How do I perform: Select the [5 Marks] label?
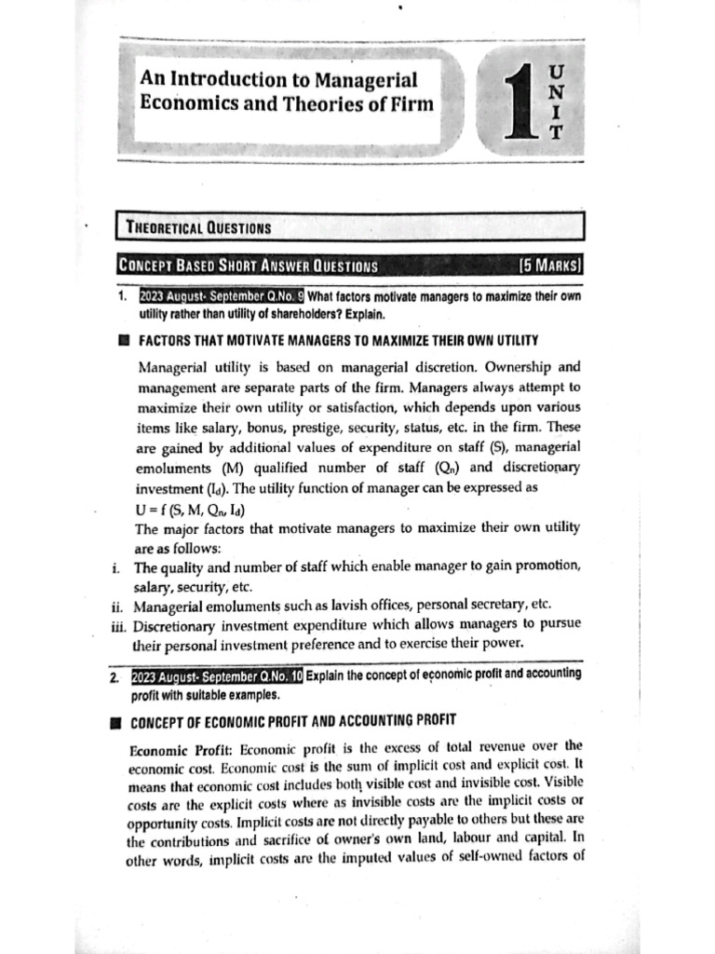coord(550,266)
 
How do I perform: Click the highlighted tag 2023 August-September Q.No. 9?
coord(221,297)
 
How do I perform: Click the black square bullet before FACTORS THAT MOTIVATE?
coord(121,340)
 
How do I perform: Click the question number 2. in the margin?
coord(113,676)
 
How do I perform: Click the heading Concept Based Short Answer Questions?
coord(248,266)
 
